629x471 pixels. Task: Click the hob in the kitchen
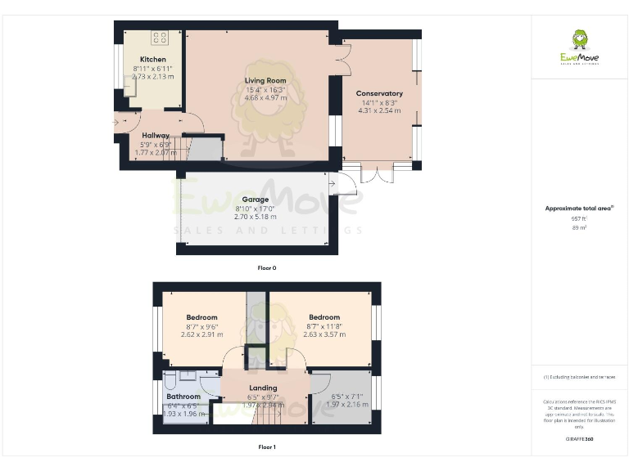(159, 38)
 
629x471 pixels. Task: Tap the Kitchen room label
(152, 60)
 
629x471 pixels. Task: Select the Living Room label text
(265, 80)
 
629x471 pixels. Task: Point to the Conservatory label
(379, 93)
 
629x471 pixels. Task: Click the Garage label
(255, 200)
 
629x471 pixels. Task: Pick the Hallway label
(156, 136)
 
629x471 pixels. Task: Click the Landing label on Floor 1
(263, 388)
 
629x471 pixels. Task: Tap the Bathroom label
(183, 397)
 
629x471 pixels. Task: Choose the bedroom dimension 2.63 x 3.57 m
(324, 334)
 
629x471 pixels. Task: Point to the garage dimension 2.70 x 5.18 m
(255, 217)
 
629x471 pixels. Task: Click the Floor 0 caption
(267, 267)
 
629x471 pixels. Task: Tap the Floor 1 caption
(267, 447)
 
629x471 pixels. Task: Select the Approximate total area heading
(578, 209)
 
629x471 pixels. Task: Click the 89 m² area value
(579, 228)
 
